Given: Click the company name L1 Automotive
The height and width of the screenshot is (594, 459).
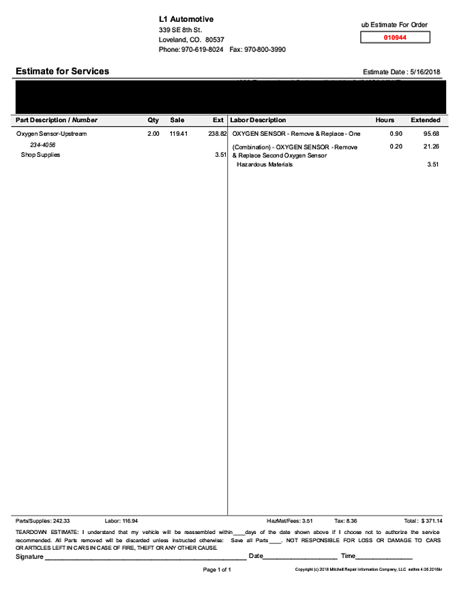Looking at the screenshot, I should (x=186, y=19).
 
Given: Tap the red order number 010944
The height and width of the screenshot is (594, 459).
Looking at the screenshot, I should (x=395, y=38).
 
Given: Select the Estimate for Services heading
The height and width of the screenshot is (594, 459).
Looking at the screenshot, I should (x=62, y=71).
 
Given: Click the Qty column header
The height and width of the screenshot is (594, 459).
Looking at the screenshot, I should (x=153, y=120).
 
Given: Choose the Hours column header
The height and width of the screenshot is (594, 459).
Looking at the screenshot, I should (x=385, y=120).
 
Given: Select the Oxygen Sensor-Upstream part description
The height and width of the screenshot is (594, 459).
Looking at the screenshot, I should (x=52, y=134).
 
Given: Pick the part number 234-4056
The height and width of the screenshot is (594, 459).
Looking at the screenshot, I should (x=43, y=145).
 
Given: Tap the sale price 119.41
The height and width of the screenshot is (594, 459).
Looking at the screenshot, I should (x=179, y=134).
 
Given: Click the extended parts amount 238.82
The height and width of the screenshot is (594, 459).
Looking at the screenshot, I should (x=217, y=134).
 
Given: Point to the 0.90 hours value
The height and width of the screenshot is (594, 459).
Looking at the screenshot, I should (x=396, y=134).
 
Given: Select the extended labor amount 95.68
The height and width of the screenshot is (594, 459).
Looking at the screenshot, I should (x=431, y=134).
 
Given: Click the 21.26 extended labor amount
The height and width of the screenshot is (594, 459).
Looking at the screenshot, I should (x=431, y=147).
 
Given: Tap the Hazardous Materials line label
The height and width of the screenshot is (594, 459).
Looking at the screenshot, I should (x=265, y=164).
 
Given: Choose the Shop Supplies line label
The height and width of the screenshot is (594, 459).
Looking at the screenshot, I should (x=41, y=155).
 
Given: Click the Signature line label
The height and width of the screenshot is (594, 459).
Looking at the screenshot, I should (x=29, y=556).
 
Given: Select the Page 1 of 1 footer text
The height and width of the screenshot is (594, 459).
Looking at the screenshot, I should (x=218, y=569).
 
